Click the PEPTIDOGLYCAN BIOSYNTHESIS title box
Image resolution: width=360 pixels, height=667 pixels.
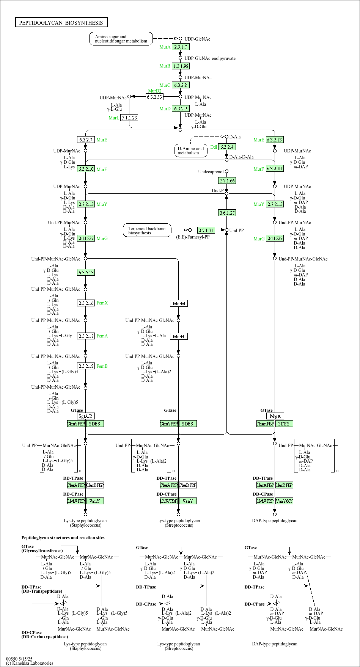pyautogui.click(x=61, y=22)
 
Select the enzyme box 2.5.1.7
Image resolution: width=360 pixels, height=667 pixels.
pyautogui.click(x=181, y=47)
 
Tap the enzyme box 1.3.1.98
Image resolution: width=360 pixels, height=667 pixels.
pyautogui.click(x=181, y=66)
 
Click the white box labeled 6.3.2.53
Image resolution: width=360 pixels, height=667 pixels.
pyautogui.click(x=154, y=97)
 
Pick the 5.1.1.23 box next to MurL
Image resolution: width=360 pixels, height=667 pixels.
pyautogui.click(x=129, y=118)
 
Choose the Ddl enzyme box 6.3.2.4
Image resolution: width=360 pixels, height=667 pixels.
pyautogui.click(x=227, y=147)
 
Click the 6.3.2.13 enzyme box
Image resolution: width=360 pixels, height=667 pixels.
pyautogui.click(x=275, y=140)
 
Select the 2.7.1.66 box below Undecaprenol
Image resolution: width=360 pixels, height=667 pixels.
pyautogui.click(x=227, y=180)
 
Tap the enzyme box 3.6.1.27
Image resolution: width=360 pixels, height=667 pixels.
pyautogui.click(x=227, y=213)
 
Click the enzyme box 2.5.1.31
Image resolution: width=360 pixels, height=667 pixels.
pyautogui.click(x=206, y=230)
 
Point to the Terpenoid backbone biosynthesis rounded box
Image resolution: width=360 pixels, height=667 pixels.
pyautogui.click(x=147, y=231)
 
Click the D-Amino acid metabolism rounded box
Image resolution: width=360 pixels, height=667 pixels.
pyautogui.click(x=191, y=151)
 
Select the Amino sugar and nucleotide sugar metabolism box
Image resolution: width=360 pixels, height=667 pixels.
pyautogui.click(x=121, y=39)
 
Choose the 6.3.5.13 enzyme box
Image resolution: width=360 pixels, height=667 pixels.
pyautogui.click(x=86, y=272)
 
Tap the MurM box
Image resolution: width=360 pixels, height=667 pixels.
pyautogui.click(x=179, y=303)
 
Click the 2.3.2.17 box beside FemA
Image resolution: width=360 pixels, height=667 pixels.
pyautogui.click(x=86, y=336)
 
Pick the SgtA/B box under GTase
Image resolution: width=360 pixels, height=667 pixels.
pyautogui.click(x=86, y=416)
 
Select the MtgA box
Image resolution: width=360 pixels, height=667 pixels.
pyautogui.click(x=275, y=416)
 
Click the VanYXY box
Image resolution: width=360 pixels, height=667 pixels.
pyautogui.click(x=284, y=501)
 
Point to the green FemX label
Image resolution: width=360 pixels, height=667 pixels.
pyautogui.click(x=102, y=303)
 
